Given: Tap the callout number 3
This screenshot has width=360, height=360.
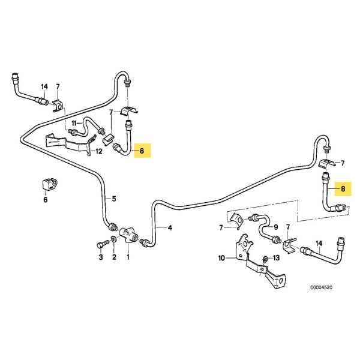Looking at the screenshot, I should pyautogui.click(x=101, y=257).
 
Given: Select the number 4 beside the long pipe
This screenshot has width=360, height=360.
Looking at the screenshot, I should pyautogui.click(x=170, y=228).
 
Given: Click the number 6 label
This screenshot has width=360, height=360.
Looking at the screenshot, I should pyautogui.click(x=44, y=200).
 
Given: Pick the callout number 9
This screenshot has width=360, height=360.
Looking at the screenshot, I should pyautogui.click(x=275, y=228).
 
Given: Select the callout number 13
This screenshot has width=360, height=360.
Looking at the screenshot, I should pyautogui.click(x=277, y=258).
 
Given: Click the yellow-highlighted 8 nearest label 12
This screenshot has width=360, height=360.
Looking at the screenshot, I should pyautogui.click(x=142, y=151).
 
